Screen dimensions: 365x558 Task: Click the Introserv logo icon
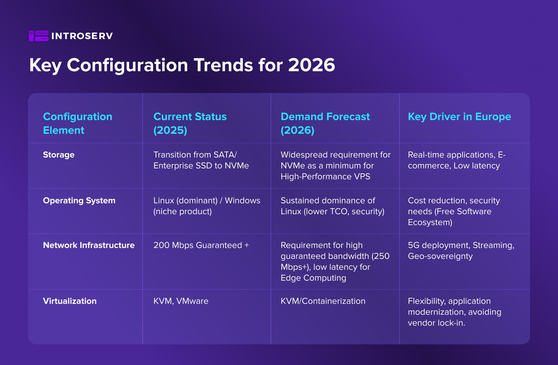[39, 36]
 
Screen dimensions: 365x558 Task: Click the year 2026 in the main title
[311, 65]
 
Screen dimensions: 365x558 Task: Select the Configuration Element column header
[78, 123]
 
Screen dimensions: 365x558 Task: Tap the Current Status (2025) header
[190, 123]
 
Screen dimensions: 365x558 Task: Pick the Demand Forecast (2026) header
[325, 123]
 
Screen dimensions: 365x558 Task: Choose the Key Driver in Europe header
[459, 117]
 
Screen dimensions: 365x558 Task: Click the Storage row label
[59, 155]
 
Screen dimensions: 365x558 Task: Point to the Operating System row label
[79, 201]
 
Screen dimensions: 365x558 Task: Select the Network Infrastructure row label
[89, 245]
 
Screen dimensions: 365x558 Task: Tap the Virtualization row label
[70, 301]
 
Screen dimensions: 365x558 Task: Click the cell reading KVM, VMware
[181, 301]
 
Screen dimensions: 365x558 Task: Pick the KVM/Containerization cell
[323, 301]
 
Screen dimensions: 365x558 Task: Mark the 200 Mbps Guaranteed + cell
[201, 245]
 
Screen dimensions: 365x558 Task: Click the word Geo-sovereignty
[440, 256]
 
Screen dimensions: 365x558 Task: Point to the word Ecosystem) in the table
[430, 222]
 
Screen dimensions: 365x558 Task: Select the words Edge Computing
[313, 278]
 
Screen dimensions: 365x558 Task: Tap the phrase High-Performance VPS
[325, 176]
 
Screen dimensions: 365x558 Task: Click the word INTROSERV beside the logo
[82, 36]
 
